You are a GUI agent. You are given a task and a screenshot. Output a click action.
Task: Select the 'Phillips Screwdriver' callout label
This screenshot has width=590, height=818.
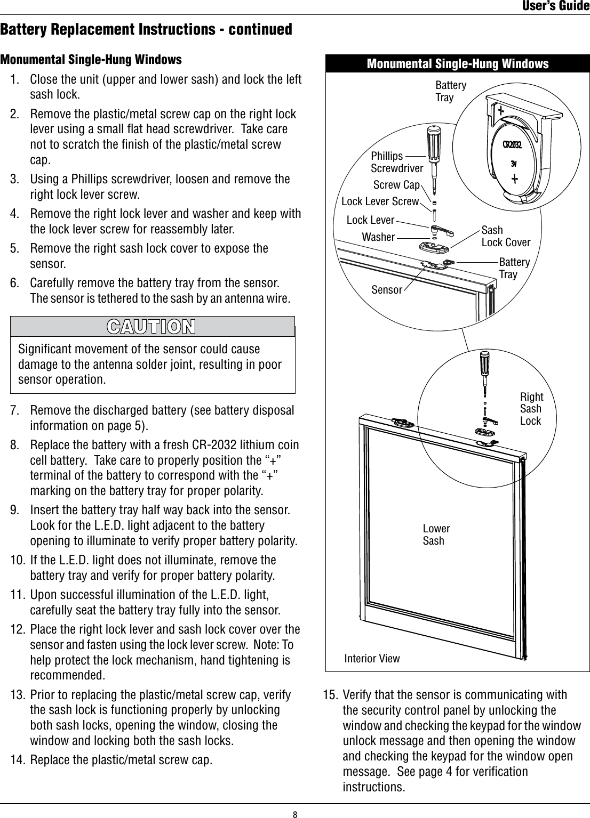[x=396, y=162]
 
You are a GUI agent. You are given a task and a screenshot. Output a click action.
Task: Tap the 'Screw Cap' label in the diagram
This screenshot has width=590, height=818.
[x=396, y=185]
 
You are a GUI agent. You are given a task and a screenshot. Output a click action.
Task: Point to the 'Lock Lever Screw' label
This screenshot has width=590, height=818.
[x=380, y=201]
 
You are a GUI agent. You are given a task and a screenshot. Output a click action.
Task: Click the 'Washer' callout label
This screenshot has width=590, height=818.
[x=378, y=237]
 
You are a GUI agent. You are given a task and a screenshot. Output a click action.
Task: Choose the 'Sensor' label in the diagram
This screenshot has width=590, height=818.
[x=387, y=290]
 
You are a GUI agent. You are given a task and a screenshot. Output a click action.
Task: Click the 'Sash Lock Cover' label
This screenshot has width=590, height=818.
[x=505, y=236]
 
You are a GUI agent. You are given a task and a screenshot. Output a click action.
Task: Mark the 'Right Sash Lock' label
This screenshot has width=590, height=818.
[x=531, y=409]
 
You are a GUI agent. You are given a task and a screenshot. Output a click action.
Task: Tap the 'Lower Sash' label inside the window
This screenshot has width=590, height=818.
[x=436, y=534]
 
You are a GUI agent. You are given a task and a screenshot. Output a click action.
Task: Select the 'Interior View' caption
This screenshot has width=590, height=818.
[x=372, y=658]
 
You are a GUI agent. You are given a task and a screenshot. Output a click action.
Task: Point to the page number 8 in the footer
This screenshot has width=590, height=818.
[x=294, y=813]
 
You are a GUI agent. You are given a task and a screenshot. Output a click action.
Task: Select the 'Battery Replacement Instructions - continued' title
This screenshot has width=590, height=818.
[x=146, y=29]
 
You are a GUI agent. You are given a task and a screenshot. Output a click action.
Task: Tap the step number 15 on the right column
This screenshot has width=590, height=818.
[x=331, y=695]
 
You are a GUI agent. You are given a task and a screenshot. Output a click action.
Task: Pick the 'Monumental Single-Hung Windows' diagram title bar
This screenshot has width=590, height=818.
[x=457, y=64]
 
